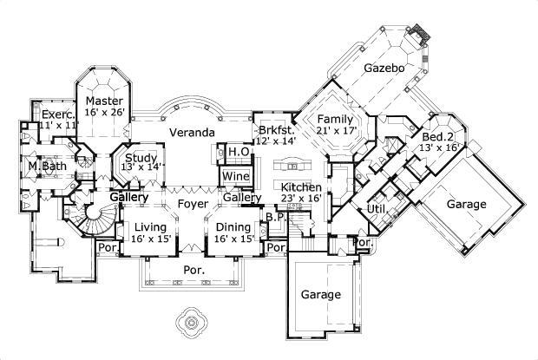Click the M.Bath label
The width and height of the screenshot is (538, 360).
pyautogui.click(x=43, y=166)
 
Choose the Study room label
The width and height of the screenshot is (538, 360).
pyautogui.click(x=140, y=158)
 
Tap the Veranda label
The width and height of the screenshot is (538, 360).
pyautogui.click(x=192, y=134)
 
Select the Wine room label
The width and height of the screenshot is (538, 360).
pyautogui.click(x=236, y=177)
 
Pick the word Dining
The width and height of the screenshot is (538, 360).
pyautogui.click(x=233, y=226)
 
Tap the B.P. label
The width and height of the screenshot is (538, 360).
pyautogui.click(x=272, y=217)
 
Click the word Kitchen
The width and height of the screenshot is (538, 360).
pyautogui.click(x=301, y=187)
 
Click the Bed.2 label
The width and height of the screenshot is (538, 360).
pyautogui.click(x=438, y=137)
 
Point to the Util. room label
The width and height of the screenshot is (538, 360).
pyautogui.click(x=376, y=209)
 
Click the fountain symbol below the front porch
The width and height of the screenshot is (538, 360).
pyautogui.click(x=190, y=322)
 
